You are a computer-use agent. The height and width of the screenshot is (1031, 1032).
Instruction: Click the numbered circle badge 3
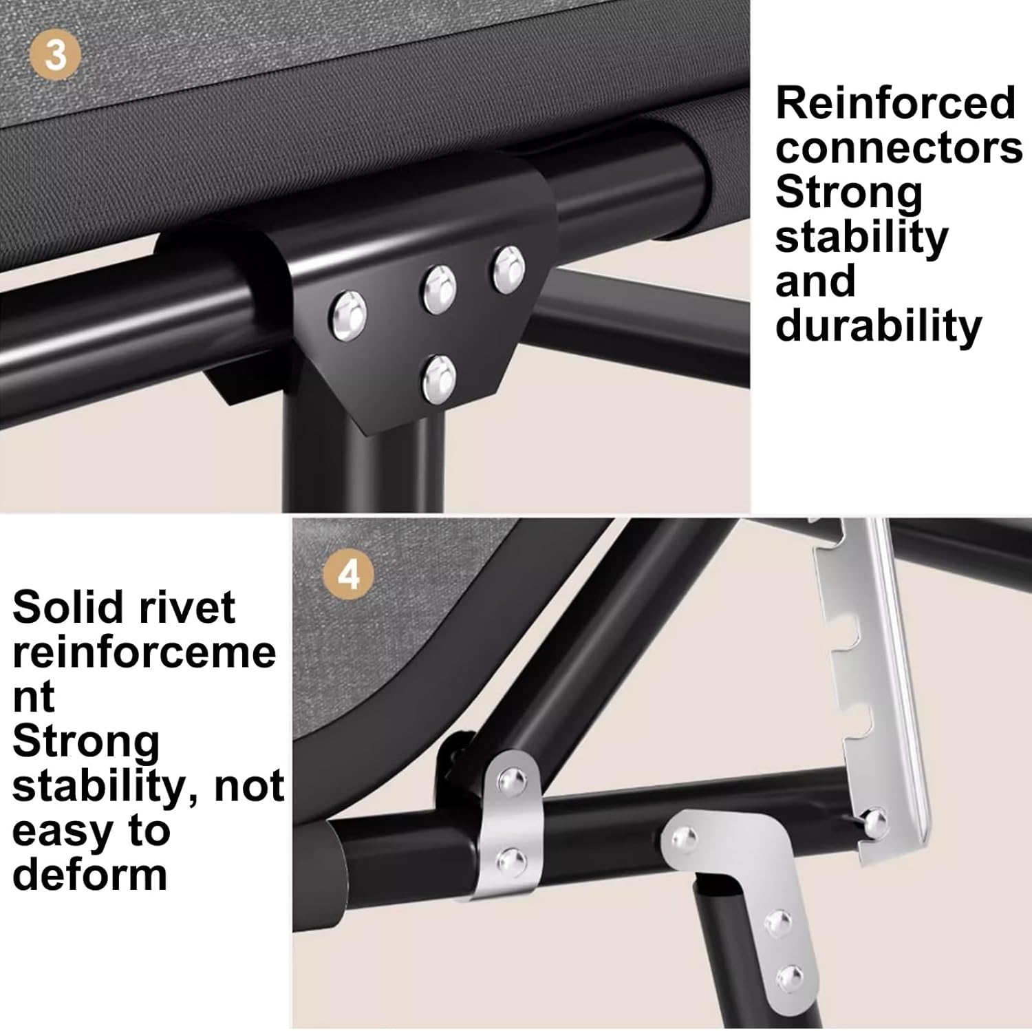56,55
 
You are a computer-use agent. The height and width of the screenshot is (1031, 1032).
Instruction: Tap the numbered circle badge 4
350,574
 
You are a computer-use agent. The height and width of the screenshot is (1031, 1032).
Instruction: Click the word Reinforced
895,103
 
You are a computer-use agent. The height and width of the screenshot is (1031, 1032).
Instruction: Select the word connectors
899,148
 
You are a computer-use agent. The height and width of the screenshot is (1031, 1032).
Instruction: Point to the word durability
879,327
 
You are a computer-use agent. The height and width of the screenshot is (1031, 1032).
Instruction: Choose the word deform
89,875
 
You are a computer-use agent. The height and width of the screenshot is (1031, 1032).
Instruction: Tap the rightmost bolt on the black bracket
508,269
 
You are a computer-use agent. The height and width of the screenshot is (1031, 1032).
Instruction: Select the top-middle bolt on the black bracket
439,288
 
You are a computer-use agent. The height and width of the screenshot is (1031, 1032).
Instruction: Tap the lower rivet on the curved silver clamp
510,860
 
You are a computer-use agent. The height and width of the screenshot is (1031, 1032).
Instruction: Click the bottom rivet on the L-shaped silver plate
790,978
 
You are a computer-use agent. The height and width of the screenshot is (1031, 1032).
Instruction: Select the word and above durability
815,282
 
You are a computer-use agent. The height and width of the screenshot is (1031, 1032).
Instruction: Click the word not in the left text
249,786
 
